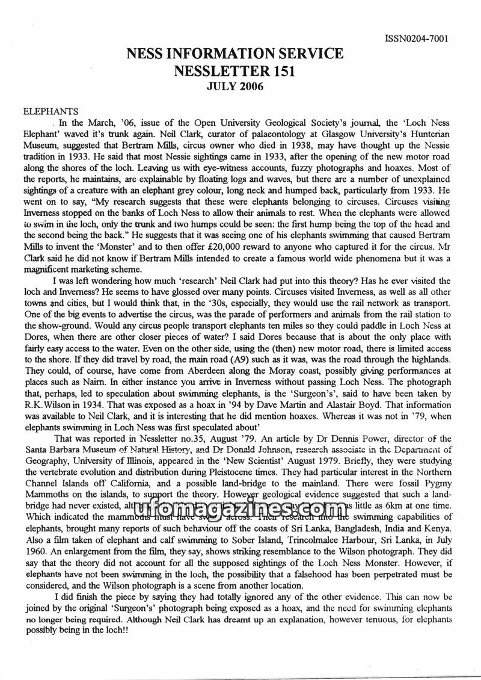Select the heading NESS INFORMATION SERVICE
tap(235, 55)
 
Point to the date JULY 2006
tap(235, 87)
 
